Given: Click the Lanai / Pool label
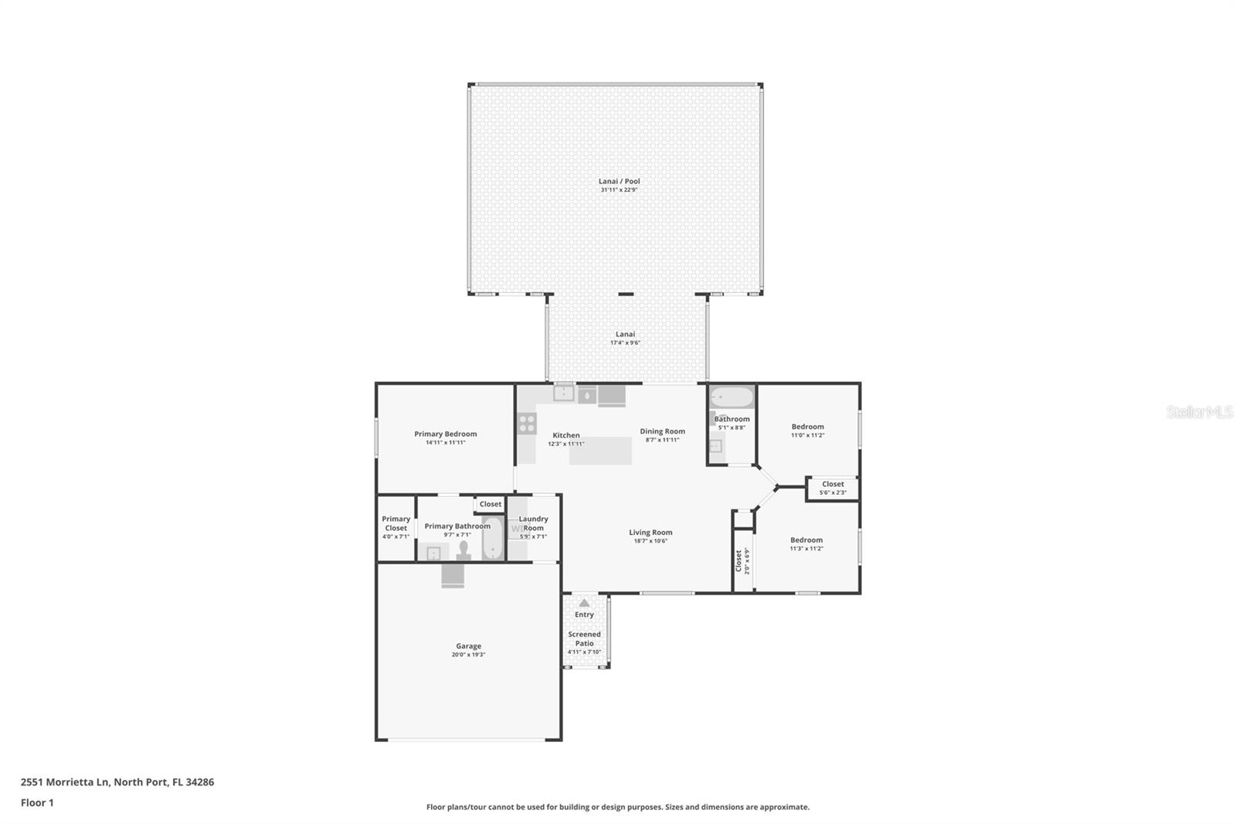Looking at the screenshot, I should point(619,181).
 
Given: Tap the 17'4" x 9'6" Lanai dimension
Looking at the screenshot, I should point(625,342).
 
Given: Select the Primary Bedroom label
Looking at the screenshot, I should point(445,434).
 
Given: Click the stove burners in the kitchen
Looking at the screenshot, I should point(527,423).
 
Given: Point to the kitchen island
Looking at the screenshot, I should point(600,451).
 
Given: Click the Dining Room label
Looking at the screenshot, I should point(662,431).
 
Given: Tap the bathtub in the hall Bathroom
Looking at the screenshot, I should point(732,397).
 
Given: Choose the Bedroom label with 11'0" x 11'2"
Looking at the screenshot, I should point(807,426).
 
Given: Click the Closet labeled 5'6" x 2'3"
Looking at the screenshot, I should point(833,485).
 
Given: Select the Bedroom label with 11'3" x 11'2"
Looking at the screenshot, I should point(806,540).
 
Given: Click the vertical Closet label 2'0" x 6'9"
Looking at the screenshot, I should point(739,561).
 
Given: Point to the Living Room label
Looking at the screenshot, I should point(650,532).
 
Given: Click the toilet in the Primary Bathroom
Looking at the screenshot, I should point(463,550).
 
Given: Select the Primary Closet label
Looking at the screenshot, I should point(396,523).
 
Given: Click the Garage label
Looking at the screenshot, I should point(468,645).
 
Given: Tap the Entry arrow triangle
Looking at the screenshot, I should point(584,603).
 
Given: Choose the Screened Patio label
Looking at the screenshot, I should point(584,638).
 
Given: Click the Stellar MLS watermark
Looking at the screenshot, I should point(1199,412).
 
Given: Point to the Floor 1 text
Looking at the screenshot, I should point(37,802).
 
